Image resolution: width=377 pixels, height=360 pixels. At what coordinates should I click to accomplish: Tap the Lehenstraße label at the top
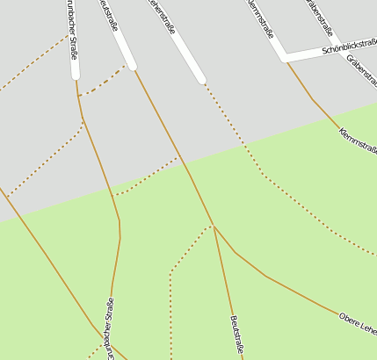pyautogui.click(x=161, y=17)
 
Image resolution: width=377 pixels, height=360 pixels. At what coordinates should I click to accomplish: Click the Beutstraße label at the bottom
pyautogui.click(x=236, y=335)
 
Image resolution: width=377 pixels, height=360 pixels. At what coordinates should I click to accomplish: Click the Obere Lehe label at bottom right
pyautogui.click(x=358, y=322)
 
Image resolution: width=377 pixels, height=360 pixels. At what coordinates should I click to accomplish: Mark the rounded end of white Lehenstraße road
pyautogui.click(x=201, y=80)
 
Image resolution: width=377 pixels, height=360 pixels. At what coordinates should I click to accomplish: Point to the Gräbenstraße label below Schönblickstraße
pyautogui.click(x=362, y=71)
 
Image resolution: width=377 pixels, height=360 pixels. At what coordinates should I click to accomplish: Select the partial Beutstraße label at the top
pyautogui.click(x=108, y=15)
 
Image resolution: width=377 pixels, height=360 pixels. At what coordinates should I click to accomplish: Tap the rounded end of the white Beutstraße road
pyautogui.click(x=132, y=65)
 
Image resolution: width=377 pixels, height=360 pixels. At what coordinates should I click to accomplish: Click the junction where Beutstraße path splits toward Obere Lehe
pyautogui.click(x=214, y=226)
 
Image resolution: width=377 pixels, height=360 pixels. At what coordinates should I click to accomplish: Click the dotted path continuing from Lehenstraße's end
pyautogui.click(x=233, y=127)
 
